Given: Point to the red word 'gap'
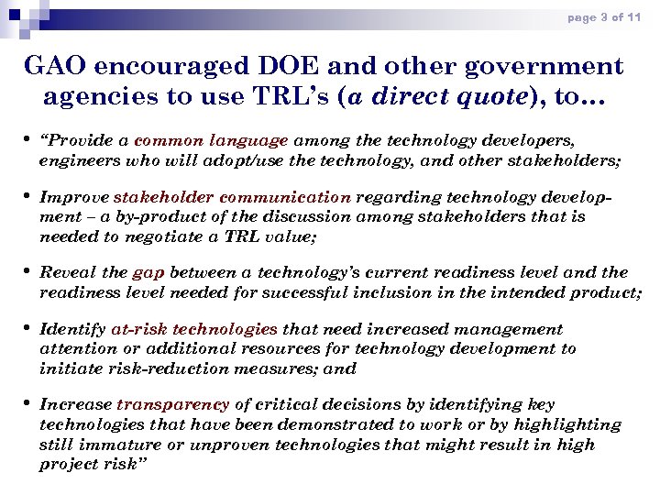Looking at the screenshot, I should pyautogui.click(x=148, y=272).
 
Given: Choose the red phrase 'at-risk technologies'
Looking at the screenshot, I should pyautogui.click(x=194, y=328).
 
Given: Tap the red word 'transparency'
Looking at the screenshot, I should pyautogui.click(x=172, y=404).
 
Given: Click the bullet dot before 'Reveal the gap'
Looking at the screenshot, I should pyautogui.click(x=27, y=272).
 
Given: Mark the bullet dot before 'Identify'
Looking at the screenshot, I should pyautogui.click(x=27, y=328).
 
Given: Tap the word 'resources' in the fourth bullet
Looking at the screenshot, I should pyautogui.click(x=292, y=348).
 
